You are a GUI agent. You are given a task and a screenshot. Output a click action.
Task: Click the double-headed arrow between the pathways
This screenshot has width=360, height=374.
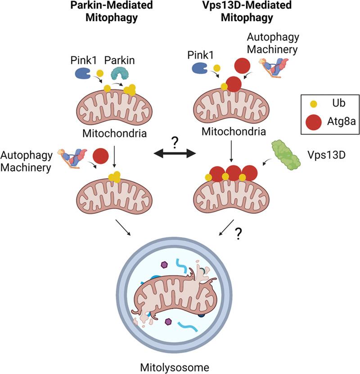(x=175, y=154)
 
